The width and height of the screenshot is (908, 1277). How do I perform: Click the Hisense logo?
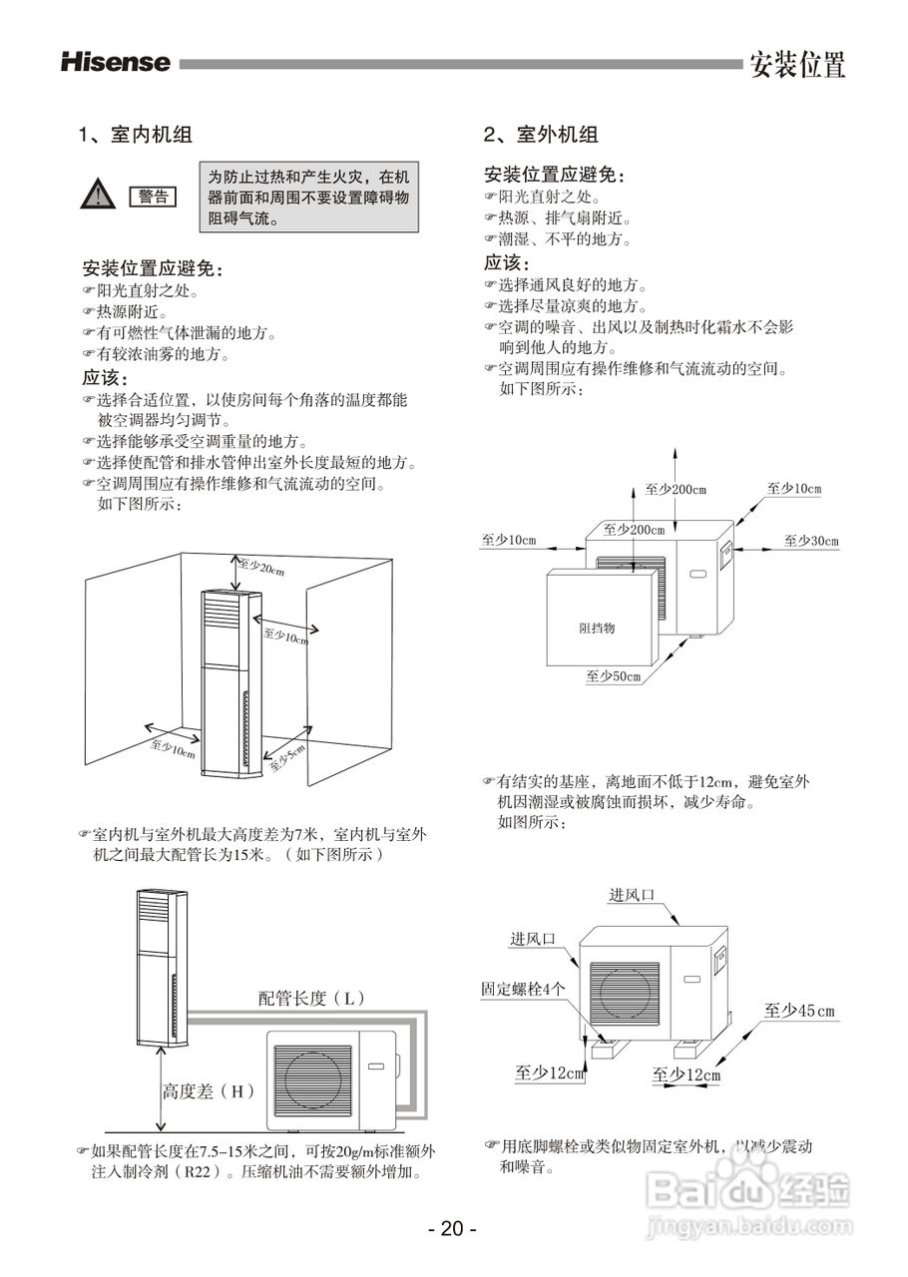click(116, 63)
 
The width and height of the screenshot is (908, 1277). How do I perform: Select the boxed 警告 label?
click(153, 196)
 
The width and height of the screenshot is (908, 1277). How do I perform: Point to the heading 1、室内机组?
click(136, 135)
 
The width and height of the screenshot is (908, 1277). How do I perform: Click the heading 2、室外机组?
click(541, 135)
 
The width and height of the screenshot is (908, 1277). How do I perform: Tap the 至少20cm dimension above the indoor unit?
click(261, 569)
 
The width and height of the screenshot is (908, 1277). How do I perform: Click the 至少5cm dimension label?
click(288, 757)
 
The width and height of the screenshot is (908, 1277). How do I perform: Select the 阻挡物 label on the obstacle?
click(597, 629)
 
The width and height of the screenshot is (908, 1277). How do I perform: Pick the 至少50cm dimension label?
click(613, 677)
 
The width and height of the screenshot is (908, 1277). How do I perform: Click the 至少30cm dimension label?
click(811, 541)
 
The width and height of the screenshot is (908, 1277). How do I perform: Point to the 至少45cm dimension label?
click(799, 1011)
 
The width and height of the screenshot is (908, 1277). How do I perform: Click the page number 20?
click(452, 1228)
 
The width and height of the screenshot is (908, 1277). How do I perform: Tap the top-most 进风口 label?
click(632, 895)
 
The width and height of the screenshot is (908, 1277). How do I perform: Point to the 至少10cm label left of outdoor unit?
click(509, 541)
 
